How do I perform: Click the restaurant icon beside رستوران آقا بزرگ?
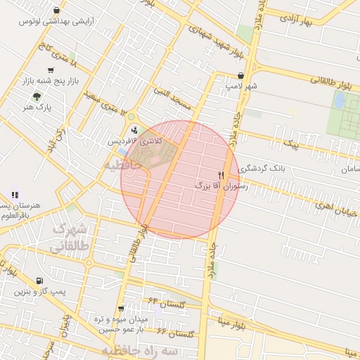point(221,175)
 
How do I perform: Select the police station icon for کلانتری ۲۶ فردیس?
point(134,129)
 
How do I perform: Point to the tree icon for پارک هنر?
point(37,96)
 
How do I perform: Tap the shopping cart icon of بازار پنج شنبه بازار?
point(51,70)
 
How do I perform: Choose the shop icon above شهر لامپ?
point(241,75)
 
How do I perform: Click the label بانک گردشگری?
point(262,169)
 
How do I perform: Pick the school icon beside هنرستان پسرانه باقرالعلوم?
point(15,195)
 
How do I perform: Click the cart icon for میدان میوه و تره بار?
point(122,309)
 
